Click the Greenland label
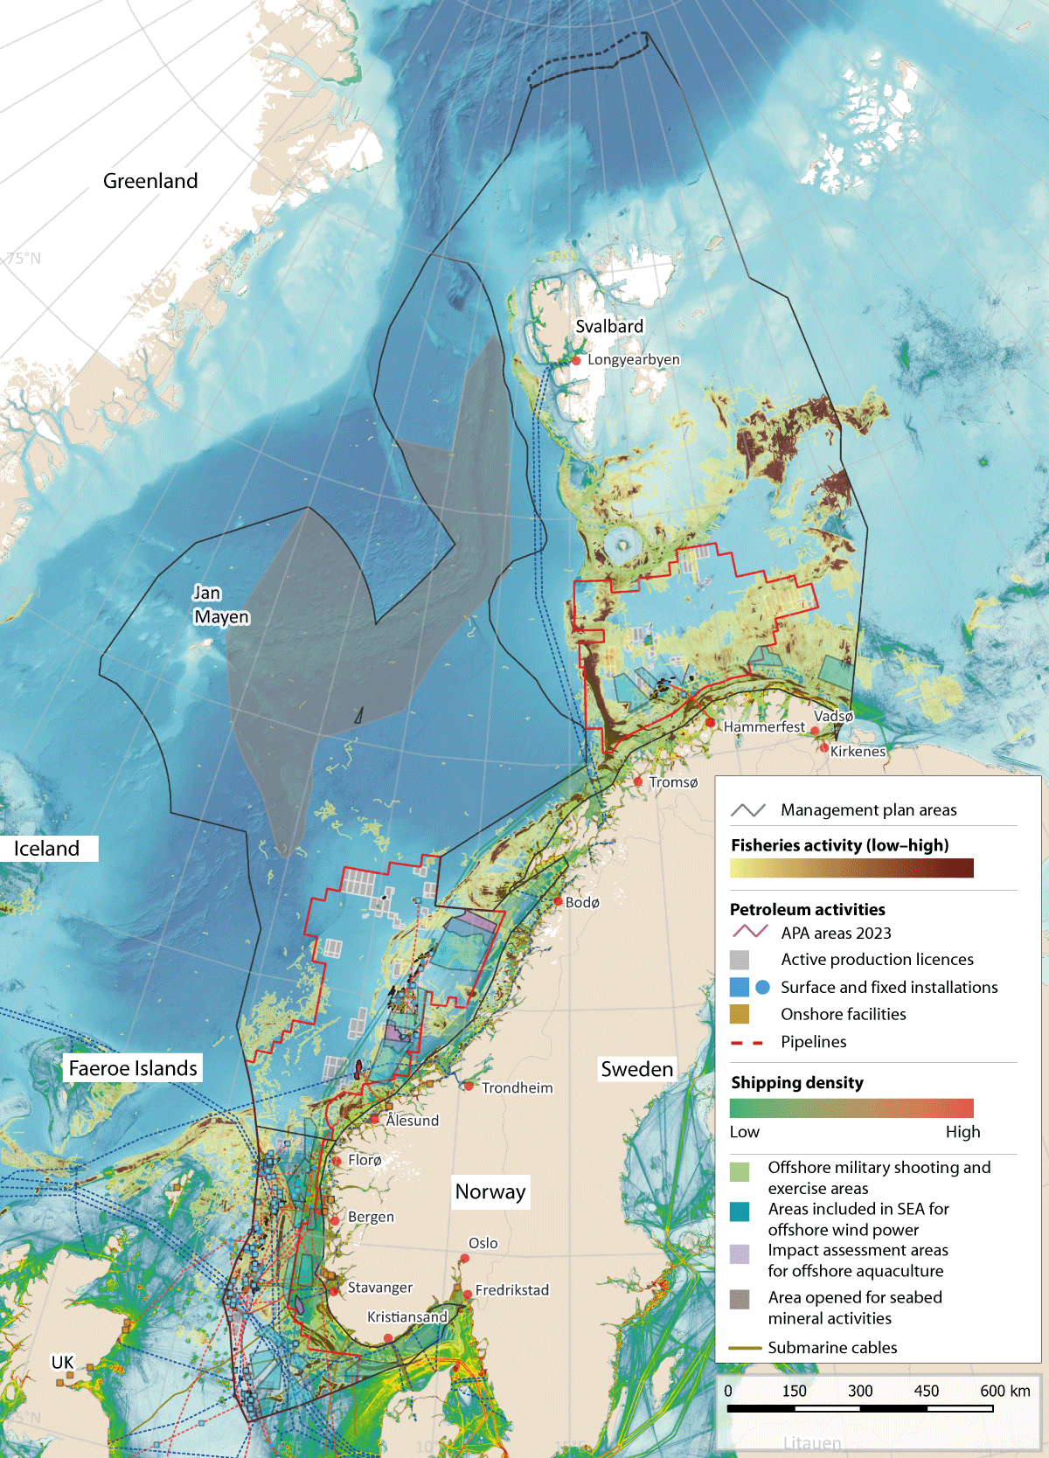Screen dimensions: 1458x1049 (x=150, y=181)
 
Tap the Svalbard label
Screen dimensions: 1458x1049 (x=609, y=326)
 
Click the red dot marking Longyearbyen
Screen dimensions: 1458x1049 (x=577, y=360)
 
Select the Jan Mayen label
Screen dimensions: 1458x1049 (x=220, y=605)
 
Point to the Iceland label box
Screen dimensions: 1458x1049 (x=47, y=849)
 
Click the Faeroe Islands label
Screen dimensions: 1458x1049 (x=133, y=1068)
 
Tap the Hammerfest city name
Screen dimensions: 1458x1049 (x=764, y=726)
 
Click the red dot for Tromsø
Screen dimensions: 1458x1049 (x=638, y=781)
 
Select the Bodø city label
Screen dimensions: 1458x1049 (x=582, y=902)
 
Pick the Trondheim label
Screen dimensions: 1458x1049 (x=517, y=1087)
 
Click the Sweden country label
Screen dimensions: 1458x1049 (x=637, y=1069)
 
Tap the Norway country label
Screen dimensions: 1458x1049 (x=490, y=1191)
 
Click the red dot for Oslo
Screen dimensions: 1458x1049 (x=465, y=1259)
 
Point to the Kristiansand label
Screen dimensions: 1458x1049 (x=407, y=1316)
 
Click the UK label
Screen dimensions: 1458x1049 (x=63, y=1362)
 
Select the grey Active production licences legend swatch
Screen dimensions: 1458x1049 (x=740, y=960)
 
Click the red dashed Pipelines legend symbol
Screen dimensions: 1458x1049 (x=747, y=1042)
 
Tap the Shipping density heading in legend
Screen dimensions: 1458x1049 (x=797, y=1082)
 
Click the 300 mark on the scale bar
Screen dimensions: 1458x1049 (x=860, y=1391)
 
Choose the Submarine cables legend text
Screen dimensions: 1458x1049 (x=832, y=1347)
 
